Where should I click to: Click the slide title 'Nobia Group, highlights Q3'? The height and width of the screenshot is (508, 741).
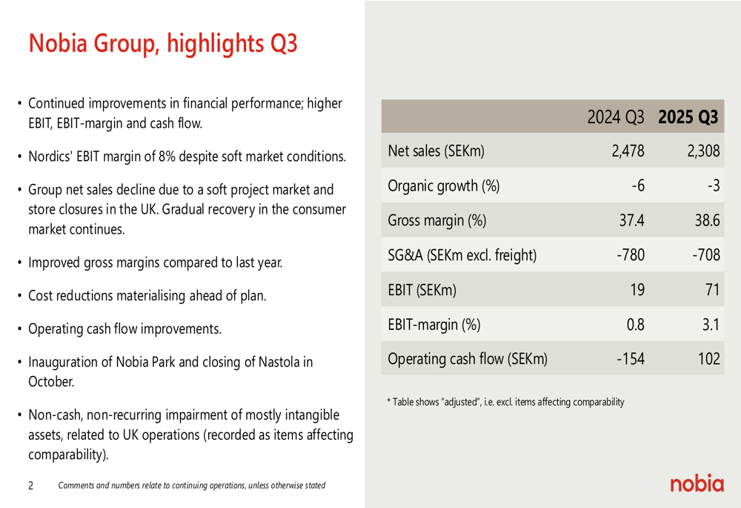pos(163,44)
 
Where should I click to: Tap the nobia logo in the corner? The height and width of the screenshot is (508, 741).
pos(697,484)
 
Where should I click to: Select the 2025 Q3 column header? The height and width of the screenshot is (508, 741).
pos(688,117)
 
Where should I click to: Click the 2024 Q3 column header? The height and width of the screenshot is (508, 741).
pos(616,117)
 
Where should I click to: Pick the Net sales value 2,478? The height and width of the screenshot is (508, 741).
pos(628,151)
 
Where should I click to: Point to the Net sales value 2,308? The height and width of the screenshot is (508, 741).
pos(702,151)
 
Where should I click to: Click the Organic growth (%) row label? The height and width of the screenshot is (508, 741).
pos(443,186)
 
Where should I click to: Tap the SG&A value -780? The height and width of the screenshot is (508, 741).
pos(630,255)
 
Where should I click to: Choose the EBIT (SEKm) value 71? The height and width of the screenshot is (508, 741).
pos(711,290)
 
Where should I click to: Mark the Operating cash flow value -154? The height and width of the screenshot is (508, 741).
pos(630,359)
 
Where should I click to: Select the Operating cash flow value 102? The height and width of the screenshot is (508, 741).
pos(708,359)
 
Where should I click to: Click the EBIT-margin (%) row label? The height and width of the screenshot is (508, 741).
pos(434,324)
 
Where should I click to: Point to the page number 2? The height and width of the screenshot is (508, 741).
pos(31,486)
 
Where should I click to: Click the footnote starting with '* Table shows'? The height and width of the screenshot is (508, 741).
pos(505,402)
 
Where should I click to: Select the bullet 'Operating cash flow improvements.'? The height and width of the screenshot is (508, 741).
pos(124,329)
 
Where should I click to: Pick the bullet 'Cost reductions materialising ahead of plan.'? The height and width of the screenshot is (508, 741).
pos(147,295)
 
